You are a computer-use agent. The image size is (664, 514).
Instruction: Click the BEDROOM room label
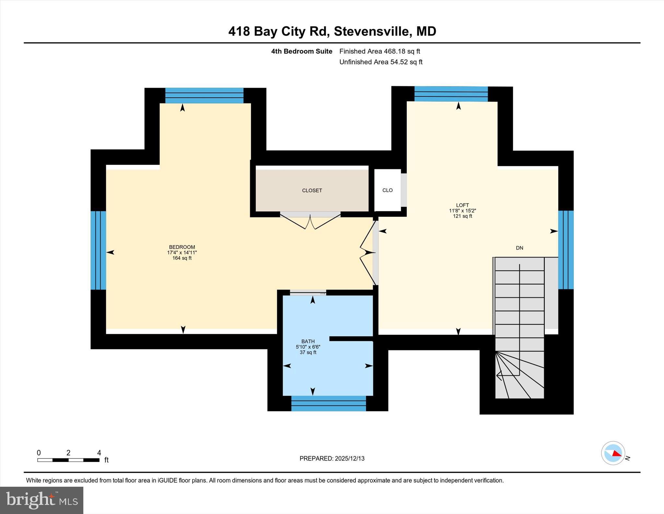(182, 247)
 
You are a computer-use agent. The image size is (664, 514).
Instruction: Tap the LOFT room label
(462, 205)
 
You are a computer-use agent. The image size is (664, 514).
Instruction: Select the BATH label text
(308, 341)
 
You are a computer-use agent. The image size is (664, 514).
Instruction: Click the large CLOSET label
(312, 191)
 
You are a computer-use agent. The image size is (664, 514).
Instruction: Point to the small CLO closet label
(387, 190)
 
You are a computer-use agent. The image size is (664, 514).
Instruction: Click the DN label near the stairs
(519, 248)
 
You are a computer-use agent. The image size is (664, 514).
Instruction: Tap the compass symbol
(613, 453)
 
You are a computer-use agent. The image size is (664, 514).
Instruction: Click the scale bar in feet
(68, 460)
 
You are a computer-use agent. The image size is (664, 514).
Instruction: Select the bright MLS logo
(41, 500)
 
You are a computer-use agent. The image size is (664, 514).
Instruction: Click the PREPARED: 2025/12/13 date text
(332, 458)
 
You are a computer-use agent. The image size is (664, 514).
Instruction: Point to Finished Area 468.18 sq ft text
(379, 51)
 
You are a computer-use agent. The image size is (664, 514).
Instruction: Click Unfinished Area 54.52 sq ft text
(381, 62)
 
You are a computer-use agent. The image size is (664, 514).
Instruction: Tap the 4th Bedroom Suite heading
(302, 51)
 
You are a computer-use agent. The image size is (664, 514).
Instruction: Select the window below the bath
(328, 404)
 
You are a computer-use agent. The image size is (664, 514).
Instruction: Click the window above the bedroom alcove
(204, 95)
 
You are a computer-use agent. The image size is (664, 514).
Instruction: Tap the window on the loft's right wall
(566, 250)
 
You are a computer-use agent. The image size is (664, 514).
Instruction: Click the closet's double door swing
(310, 222)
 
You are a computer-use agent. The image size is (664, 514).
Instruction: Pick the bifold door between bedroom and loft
(368, 253)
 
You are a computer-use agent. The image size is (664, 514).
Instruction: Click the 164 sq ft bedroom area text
(182, 258)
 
